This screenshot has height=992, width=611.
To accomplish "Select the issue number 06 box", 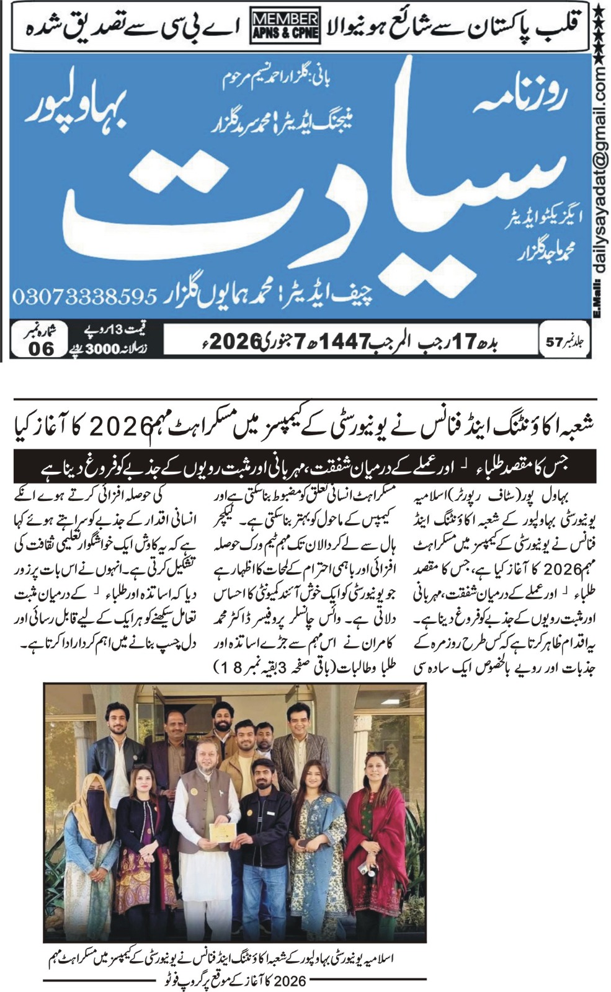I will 42,348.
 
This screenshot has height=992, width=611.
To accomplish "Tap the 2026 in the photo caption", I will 290,980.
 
